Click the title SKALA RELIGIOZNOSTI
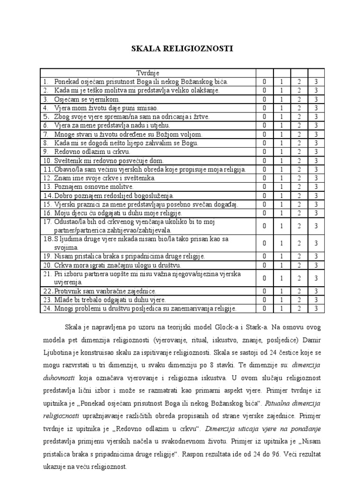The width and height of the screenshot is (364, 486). click(x=181, y=48)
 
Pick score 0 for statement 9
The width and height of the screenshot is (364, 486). click(x=264, y=152)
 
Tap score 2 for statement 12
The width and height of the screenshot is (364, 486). click(x=299, y=178)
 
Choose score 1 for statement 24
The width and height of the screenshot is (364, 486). click(x=282, y=308)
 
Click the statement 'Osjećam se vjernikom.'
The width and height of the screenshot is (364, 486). click(x=87, y=99)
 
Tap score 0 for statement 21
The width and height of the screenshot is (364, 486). click(x=264, y=278)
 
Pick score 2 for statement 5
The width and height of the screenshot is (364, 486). click(x=299, y=117)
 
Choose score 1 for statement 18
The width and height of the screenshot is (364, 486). click(x=282, y=243)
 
